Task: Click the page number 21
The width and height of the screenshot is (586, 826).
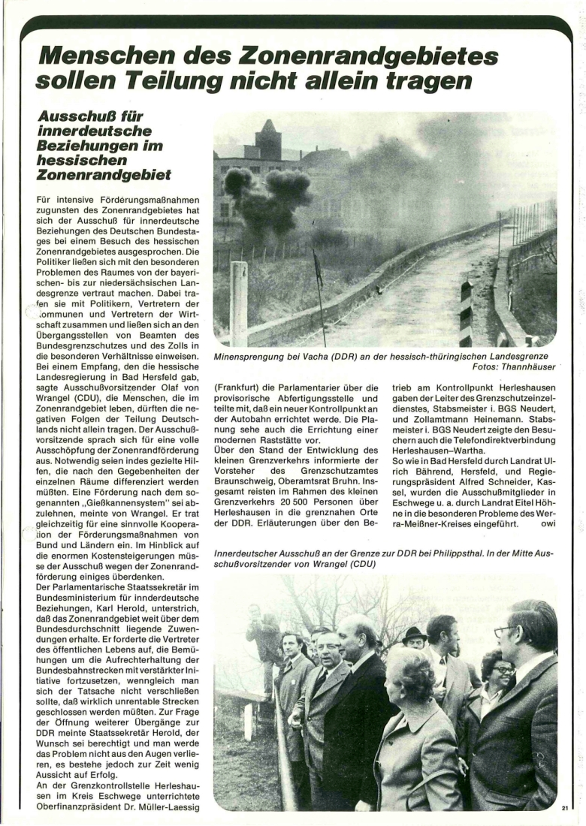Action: coord(565,808)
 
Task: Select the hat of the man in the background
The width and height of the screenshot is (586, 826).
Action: coord(413,633)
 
